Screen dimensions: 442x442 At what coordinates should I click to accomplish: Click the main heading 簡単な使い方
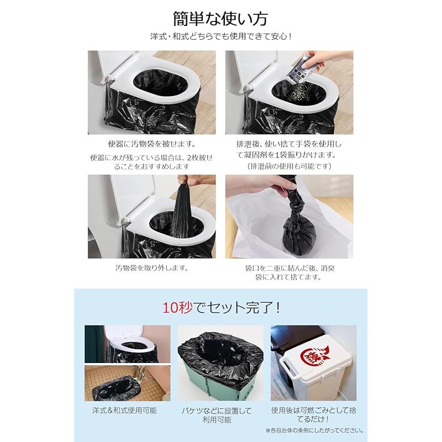click(x=220, y=19)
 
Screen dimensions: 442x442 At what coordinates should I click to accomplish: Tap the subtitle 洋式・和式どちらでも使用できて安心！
click(x=220, y=36)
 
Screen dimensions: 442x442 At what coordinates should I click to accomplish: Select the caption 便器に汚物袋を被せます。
click(x=151, y=144)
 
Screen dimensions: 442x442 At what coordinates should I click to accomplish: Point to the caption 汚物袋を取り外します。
click(x=151, y=268)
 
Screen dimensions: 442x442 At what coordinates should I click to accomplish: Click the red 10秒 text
click(x=177, y=307)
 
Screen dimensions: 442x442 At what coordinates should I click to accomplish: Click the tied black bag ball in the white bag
click(x=297, y=238)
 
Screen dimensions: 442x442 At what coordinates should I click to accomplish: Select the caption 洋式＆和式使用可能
click(x=124, y=411)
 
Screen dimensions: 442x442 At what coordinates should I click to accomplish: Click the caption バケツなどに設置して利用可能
click(x=217, y=415)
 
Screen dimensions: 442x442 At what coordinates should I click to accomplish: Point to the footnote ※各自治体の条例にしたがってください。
click(x=314, y=430)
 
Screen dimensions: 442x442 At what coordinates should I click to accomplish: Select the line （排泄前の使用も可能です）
click(x=289, y=166)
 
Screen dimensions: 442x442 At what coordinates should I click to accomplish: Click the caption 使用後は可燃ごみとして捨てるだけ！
click(x=313, y=415)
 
